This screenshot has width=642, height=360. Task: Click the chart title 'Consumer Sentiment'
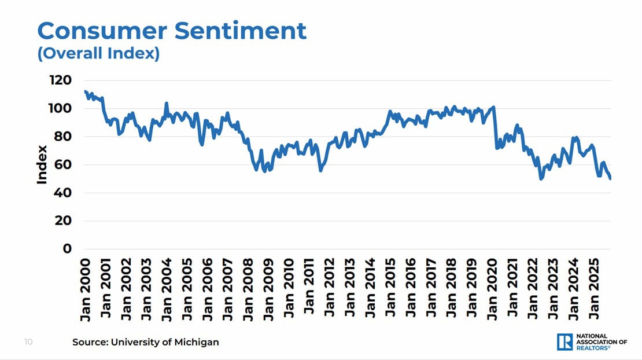click(x=172, y=30)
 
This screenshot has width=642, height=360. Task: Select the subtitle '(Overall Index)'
click(x=98, y=53)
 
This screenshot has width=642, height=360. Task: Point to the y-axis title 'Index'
click(x=42, y=165)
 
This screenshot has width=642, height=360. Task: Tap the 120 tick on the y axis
click(x=60, y=80)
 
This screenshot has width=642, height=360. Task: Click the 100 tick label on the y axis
click(x=60, y=109)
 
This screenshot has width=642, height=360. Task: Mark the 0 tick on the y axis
click(x=67, y=249)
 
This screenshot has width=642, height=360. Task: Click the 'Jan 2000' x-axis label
click(x=86, y=289)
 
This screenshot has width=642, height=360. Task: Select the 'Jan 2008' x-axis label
click(x=248, y=289)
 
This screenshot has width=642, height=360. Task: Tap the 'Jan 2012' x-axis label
click(x=330, y=289)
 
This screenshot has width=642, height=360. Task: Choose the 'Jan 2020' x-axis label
click(x=492, y=289)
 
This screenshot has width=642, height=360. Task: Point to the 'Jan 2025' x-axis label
click(x=594, y=289)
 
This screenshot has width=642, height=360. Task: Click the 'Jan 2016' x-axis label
click(x=411, y=289)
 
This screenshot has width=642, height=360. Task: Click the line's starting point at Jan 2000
click(x=86, y=91)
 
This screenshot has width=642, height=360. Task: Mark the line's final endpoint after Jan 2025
click(x=611, y=179)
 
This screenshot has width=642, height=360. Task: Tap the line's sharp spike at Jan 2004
click(x=167, y=104)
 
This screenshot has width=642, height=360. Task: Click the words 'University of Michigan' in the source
click(x=164, y=342)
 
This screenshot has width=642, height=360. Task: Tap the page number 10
click(x=28, y=342)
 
